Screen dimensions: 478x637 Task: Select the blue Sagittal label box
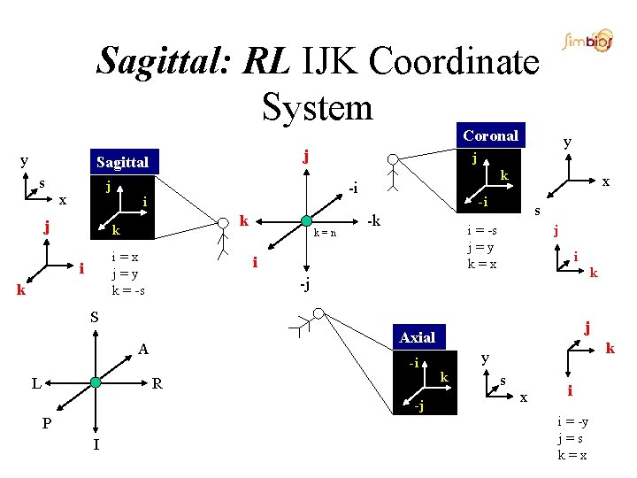pyautogui.click(x=122, y=162)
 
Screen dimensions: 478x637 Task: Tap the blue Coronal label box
pyautogui.click(x=490, y=135)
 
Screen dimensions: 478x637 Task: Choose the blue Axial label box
pyautogui.click(x=417, y=337)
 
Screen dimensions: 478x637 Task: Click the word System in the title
pyautogui.click(x=318, y=107)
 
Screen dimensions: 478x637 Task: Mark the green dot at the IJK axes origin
pyautogui.click(x=305, y=220)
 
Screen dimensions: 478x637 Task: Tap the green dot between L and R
pyautogui.click(x=96, y=383)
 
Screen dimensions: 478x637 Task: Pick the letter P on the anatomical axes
pyautogui.click(x=47, y=423)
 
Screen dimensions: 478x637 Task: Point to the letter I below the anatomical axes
pyautogui.click(x=96, y=444)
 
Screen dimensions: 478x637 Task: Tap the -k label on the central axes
pyautogui.click(x=374, y=220)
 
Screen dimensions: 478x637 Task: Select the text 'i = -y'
pyautogui.click(x=572, y=423)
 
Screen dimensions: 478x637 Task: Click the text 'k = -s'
pyautogui.click(x=128, y=290)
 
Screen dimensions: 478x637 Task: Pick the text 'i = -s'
pyautogui.click(x=482, y=232)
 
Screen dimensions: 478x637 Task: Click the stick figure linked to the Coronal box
pyautogui.click(x=393, y=173)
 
